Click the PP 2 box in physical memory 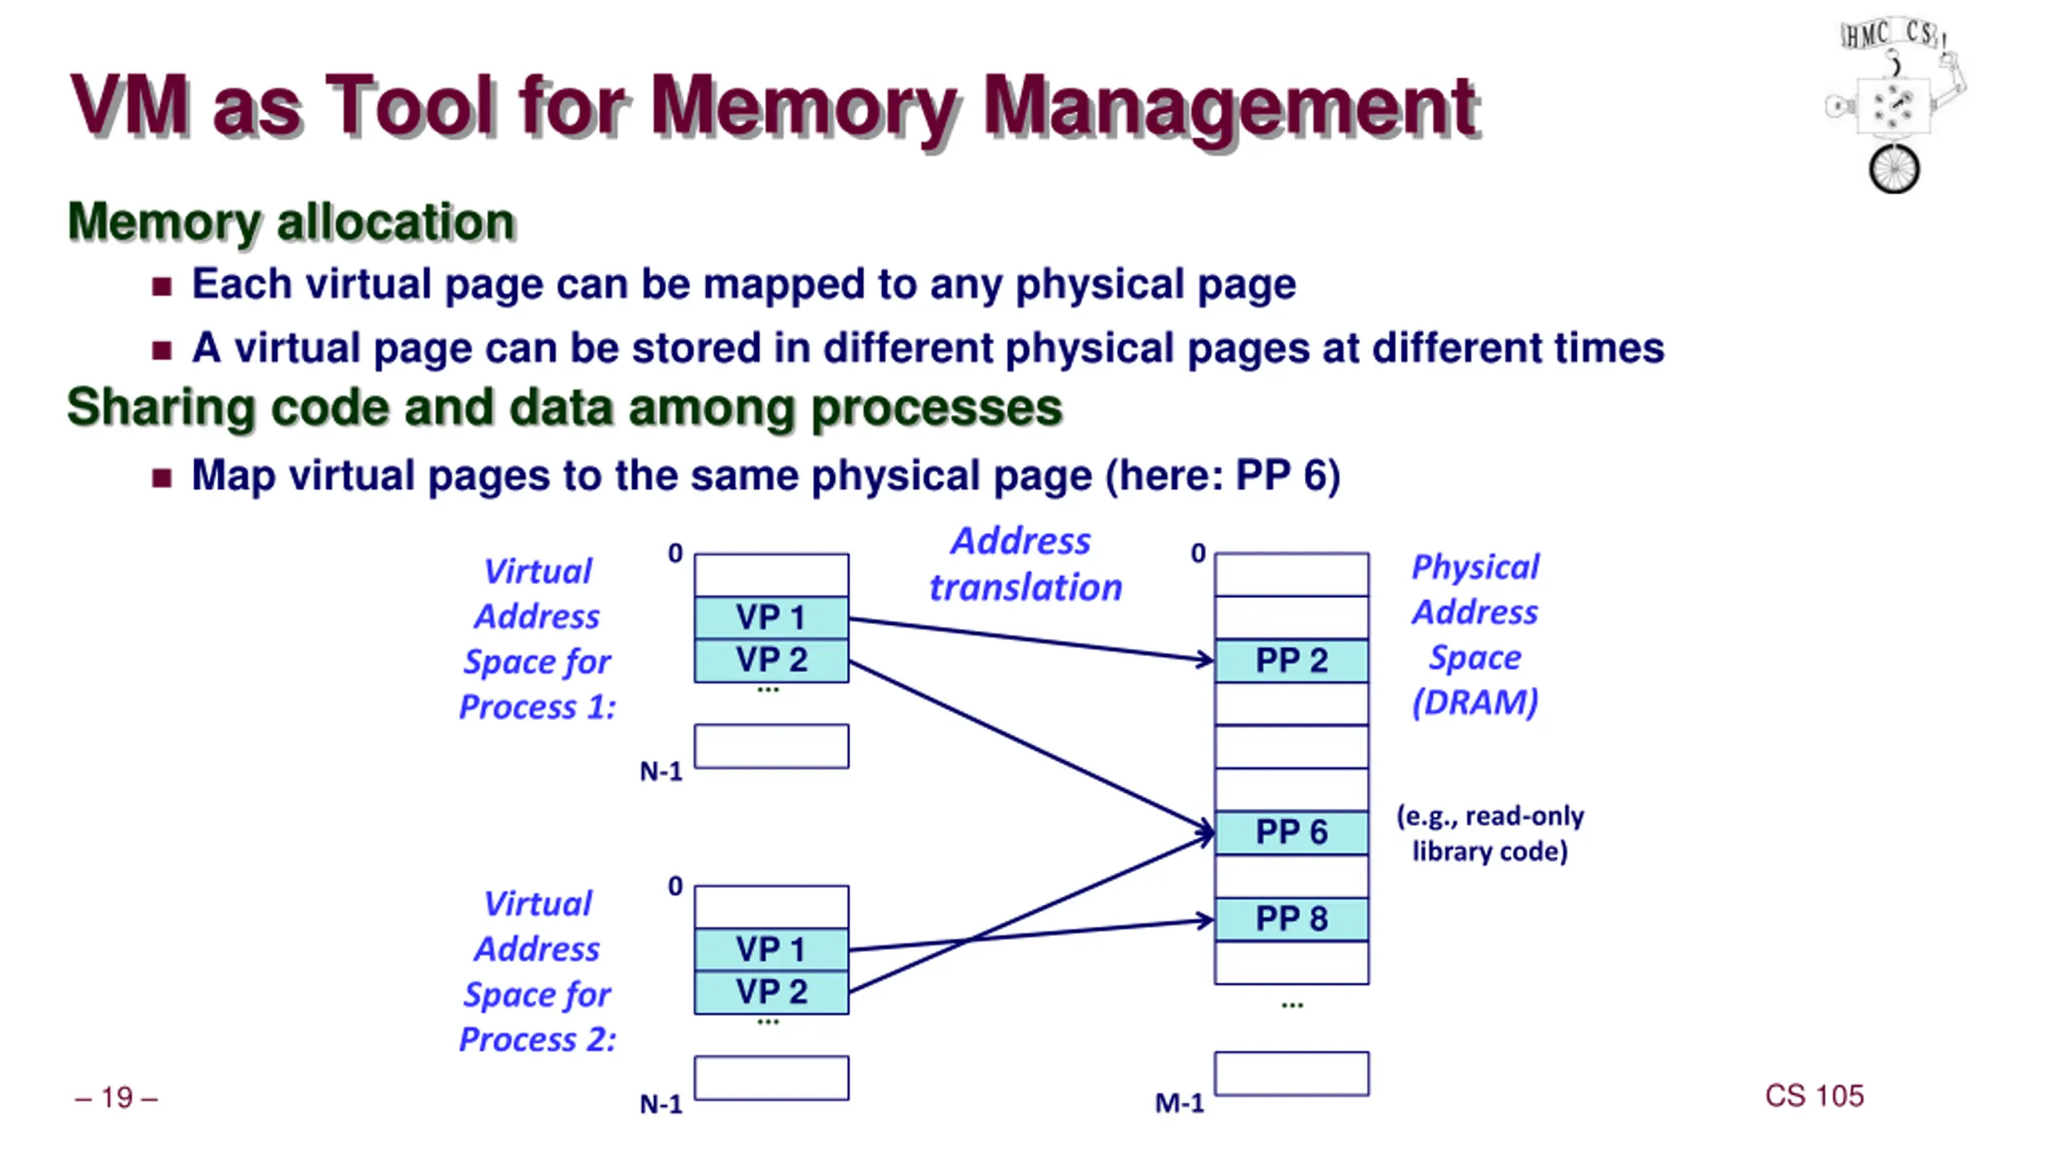point(1291,660)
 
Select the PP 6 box point(1291,832)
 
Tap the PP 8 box point(1291,918)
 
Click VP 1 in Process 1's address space point(772,617)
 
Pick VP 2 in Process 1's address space point(772,660)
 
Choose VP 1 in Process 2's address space point(772,950)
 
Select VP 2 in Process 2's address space point(772,992)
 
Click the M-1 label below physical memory point(1179,1104)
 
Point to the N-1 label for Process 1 point(661,771)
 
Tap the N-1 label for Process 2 point(661,1105)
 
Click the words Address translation point(1025,564)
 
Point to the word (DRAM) point(1475,703)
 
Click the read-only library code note point(1490,834)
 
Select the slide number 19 point(117,1098)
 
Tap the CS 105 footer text point(1814,1096)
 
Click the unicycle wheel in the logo point(1893,169)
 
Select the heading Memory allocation point(291,221)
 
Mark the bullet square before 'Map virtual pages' point(162,478)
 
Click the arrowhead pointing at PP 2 point(1206,659)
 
